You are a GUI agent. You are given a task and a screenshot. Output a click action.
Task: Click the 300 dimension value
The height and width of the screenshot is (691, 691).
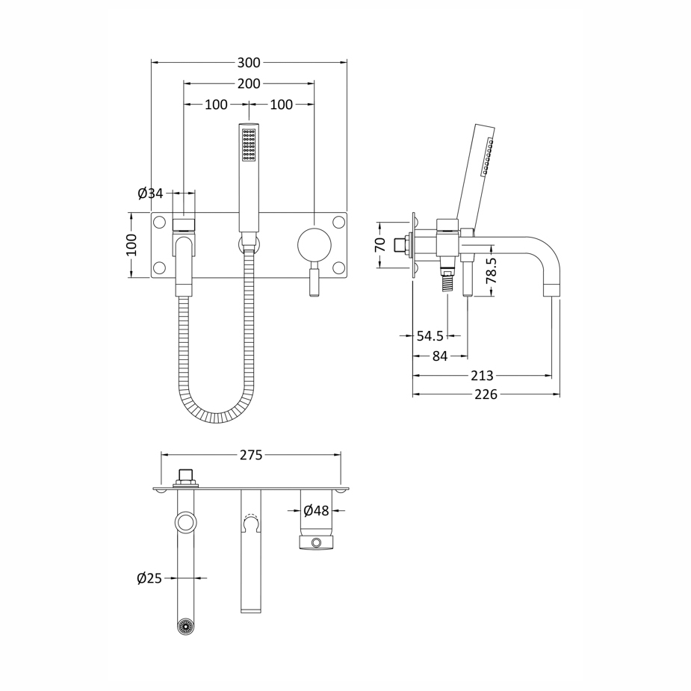pyautogui.click(x=249, y=63)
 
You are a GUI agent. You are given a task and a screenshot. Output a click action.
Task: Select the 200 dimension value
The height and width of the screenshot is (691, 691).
pyautogui.click(x=249, y=84)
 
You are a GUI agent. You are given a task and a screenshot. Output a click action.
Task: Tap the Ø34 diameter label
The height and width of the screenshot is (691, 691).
pyautogui.click(x=150, y=193)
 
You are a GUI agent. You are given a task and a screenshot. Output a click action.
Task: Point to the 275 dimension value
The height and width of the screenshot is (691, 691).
pyautogui.click(x=251, y=455)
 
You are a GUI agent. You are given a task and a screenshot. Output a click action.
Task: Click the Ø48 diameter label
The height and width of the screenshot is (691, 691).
pyautogui.click(x=317, y=511)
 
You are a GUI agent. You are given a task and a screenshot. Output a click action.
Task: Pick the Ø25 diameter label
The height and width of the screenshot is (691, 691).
pyautogui.click(x=149, y=578)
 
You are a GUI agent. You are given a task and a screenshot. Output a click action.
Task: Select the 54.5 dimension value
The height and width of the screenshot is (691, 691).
pyautogui.click(x=430, y=336)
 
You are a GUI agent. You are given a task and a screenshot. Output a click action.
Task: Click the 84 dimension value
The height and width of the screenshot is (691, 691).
pyautogui.click(x=440, y=356)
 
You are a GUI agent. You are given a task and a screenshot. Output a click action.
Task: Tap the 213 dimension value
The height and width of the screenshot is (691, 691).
pyautogui.click(x=482, y=376)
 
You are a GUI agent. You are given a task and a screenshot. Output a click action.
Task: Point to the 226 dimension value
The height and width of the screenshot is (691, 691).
pyautogui.click(x=486, y=394)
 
